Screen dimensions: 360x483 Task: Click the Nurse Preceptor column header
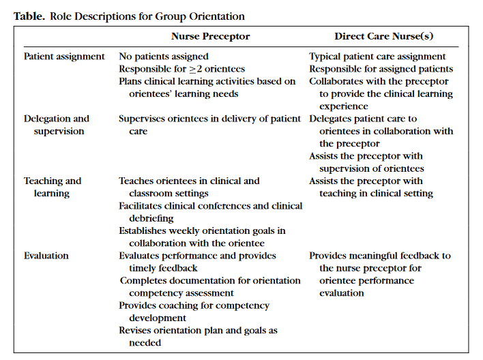point(210,36)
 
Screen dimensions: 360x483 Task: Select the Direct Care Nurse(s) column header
point(383,36)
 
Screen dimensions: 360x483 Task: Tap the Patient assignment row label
point(64,57)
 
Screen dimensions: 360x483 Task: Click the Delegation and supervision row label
point(57,125)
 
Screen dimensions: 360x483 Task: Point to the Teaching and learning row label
point(53,187)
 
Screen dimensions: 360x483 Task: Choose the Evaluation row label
point(46,256)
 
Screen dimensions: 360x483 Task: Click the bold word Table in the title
point(29,16)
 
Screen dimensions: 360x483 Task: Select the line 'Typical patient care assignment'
point(377,57)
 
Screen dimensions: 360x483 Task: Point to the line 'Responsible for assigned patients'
point(381,69)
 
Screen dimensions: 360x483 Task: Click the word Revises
point(135,331)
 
